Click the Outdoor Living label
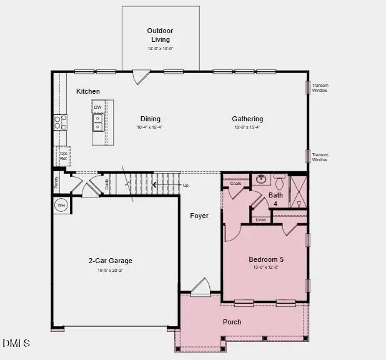159,35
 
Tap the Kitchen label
88,91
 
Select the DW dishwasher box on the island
98,107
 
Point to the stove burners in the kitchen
61,122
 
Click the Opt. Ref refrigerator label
64,156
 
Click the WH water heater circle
61,205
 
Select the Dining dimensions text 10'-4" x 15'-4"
150,127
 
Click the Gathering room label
247,119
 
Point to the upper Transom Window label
320,88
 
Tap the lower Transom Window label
320,157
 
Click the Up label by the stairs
186,186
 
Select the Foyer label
199,216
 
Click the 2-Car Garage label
110,261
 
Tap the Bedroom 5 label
266,259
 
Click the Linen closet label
260,219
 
